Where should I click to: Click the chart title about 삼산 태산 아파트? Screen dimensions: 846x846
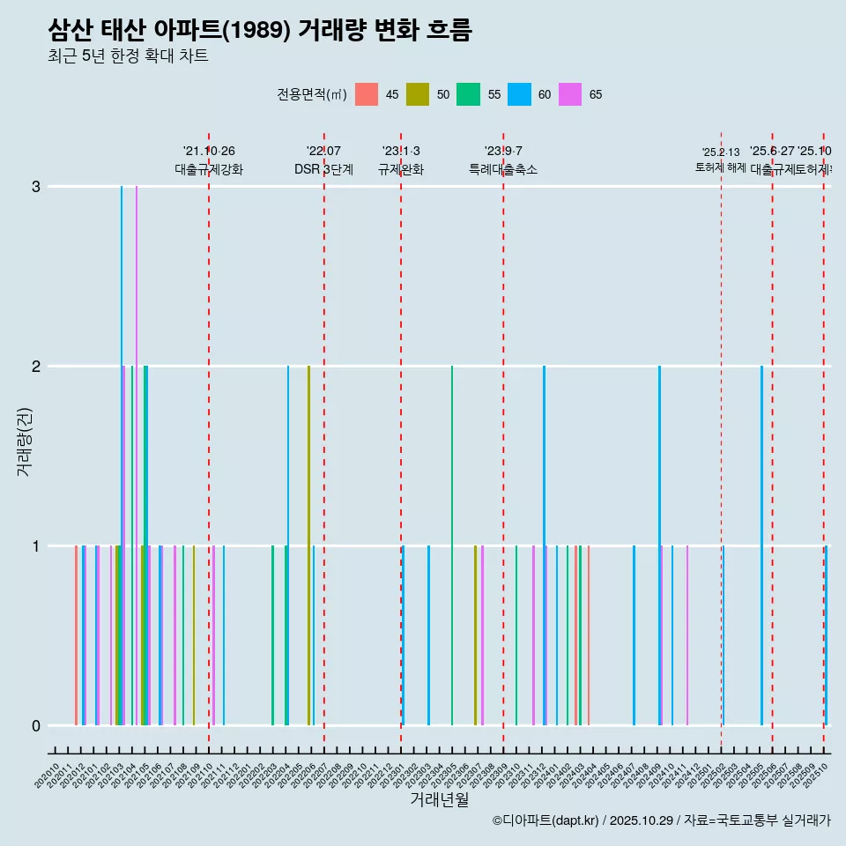260,31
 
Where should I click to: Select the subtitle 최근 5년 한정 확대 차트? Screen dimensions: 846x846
128,56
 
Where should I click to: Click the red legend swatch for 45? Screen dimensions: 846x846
367,94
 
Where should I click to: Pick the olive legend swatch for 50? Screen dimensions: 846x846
418,94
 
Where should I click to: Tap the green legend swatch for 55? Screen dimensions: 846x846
468,94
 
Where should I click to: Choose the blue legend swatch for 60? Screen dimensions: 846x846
519,94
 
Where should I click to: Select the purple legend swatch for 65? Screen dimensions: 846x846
570,94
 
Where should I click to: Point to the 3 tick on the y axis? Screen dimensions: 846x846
36,187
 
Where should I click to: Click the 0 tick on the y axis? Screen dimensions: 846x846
36,726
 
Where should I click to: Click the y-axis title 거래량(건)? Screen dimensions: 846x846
25,442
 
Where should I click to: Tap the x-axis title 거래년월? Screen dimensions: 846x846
439,799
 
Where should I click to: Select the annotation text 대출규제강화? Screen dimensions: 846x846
209,169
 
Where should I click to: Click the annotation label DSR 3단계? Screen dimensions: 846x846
324,169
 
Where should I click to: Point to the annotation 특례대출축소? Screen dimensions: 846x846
503,169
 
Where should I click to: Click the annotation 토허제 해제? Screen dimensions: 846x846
721,167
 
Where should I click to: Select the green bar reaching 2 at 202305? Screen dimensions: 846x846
452,546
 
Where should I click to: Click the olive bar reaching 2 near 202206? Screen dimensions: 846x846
308,546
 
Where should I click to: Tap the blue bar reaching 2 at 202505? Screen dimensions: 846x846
762,546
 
